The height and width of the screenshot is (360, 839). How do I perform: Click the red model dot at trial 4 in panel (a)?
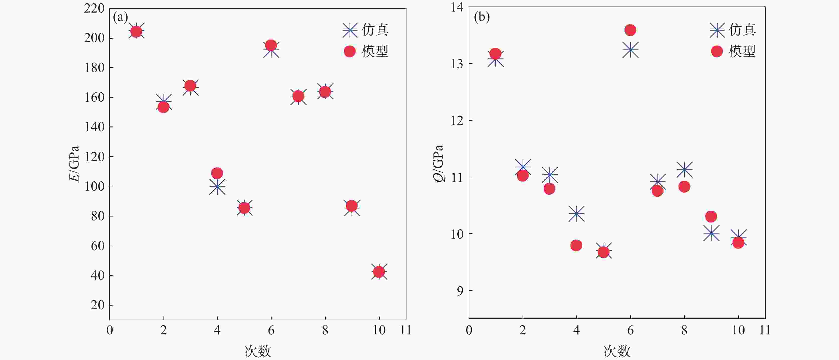pyautogui.click(x=217, y=173)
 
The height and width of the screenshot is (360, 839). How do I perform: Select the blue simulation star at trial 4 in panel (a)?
pyautogui.click(x=217, y=187)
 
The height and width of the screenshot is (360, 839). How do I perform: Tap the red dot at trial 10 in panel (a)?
pyautogui.click(x=378, y=271)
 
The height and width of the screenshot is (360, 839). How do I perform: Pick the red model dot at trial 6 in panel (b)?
pyautogui.click(x=630, y=30)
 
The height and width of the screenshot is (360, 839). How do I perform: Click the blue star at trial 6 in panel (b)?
pyautogui.click(x=630, y=50)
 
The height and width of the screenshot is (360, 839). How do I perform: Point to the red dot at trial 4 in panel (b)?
pyautogui.click(x=576, y=245)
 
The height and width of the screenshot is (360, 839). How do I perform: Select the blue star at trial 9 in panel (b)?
pyautogui.click(x=711, y=233)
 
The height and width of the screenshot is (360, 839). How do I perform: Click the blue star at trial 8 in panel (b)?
pyautogui.click(x=684, y=169)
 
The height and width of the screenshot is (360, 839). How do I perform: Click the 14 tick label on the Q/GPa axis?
pyautogui.click(x=457, y=7)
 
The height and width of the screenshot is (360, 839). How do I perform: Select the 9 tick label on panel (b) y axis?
pyautogui.click(x=460, y=291)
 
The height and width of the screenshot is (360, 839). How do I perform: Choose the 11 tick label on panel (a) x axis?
pyautogui.click(x=405, y=330)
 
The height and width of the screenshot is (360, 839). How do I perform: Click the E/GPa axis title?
pyautogui.click(x=74, y=164)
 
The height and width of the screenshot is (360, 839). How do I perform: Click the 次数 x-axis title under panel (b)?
pyautogui.click(x=617, y=351)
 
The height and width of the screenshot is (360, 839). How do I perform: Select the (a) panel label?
pyautogui.click(x=120, y=17)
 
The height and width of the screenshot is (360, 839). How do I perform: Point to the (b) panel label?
pyautogui.click(x=482, y=17)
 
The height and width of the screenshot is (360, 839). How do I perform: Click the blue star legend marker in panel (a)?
pyautogui.click(x=350, y=30)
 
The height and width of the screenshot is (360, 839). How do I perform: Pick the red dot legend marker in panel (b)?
pyautogui.click(x=717, y=51)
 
